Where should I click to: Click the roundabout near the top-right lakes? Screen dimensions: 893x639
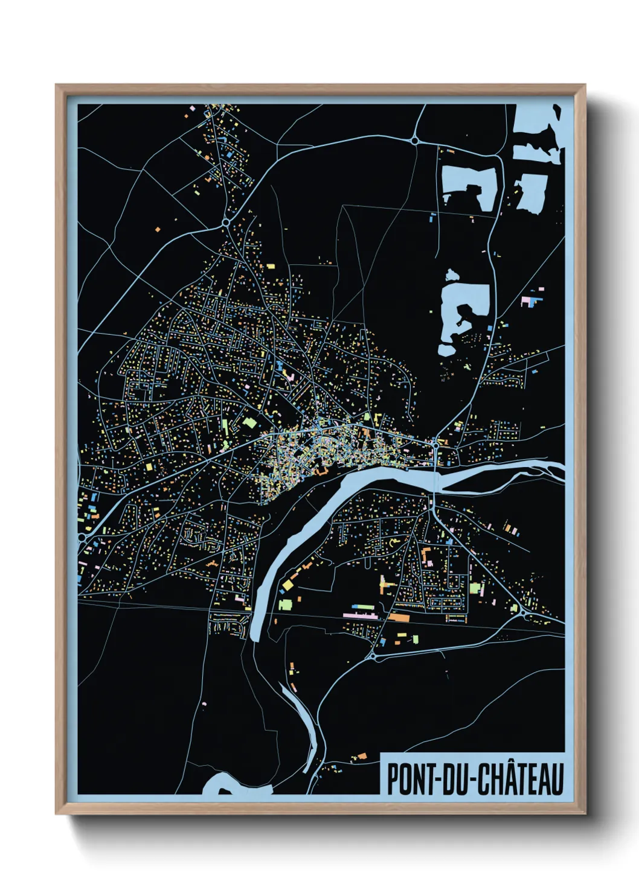point(414,141)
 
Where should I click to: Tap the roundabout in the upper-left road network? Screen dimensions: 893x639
point(225,223)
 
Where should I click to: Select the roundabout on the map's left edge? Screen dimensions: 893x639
point(81,536)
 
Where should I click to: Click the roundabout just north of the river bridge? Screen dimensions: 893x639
point(435,446)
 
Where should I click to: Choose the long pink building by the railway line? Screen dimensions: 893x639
point(360,615)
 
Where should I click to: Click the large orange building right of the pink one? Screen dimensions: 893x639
point(399,617)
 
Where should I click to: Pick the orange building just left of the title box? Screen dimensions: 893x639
point(362,755)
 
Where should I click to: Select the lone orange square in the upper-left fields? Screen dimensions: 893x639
point(158,229)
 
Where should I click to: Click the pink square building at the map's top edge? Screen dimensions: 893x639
point(192,107)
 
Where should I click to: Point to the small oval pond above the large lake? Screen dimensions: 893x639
point(451,276)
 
